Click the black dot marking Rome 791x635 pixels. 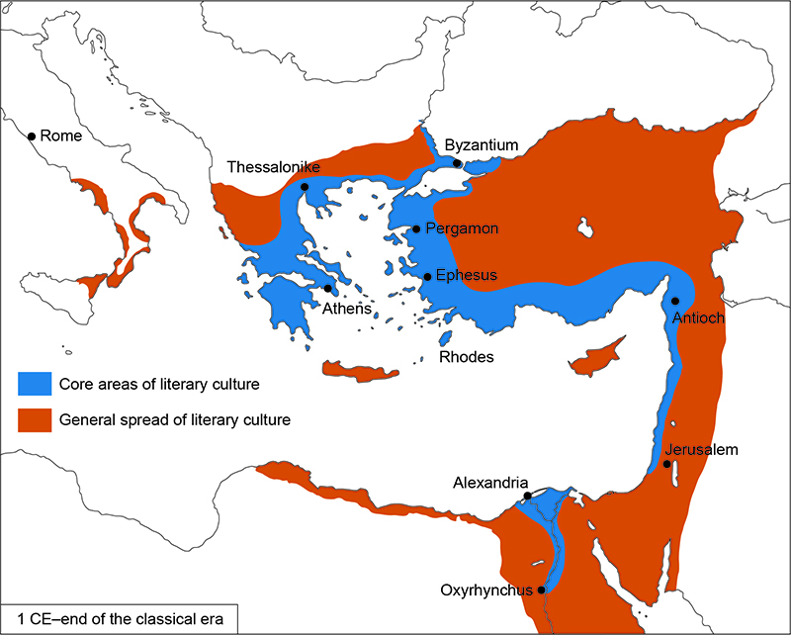(x=32, y=136)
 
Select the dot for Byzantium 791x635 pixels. (x=457, y=163)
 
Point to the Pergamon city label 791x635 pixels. (x=462, y=228)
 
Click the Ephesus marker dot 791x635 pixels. (x=427, y=276)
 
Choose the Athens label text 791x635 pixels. (x=346, y=309)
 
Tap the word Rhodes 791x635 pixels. (x=467, y=356)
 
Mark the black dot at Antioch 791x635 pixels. (x=675, y=301)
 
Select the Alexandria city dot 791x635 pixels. (x=528, y=496)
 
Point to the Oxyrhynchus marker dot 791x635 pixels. (x=541, y=590)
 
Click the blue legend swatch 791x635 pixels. (x=34, y=383)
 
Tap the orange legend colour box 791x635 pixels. (x=34, y=419)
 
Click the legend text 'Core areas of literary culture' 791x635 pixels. (x=159, y=383)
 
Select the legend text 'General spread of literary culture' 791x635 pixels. (x=175, y=419)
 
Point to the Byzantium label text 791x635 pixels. (x=482, y=145)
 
